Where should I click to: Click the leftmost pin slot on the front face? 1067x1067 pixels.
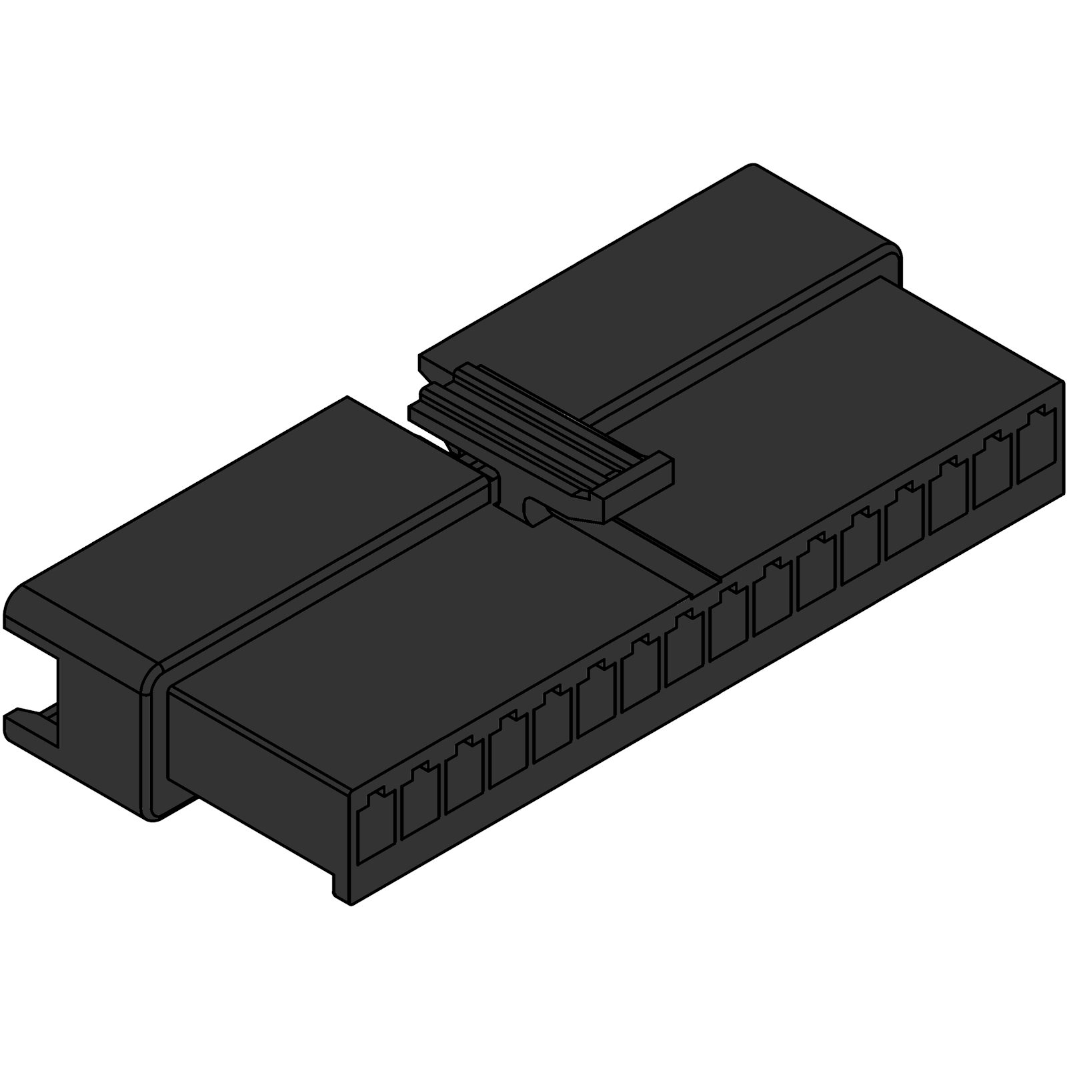coord(376,825)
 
